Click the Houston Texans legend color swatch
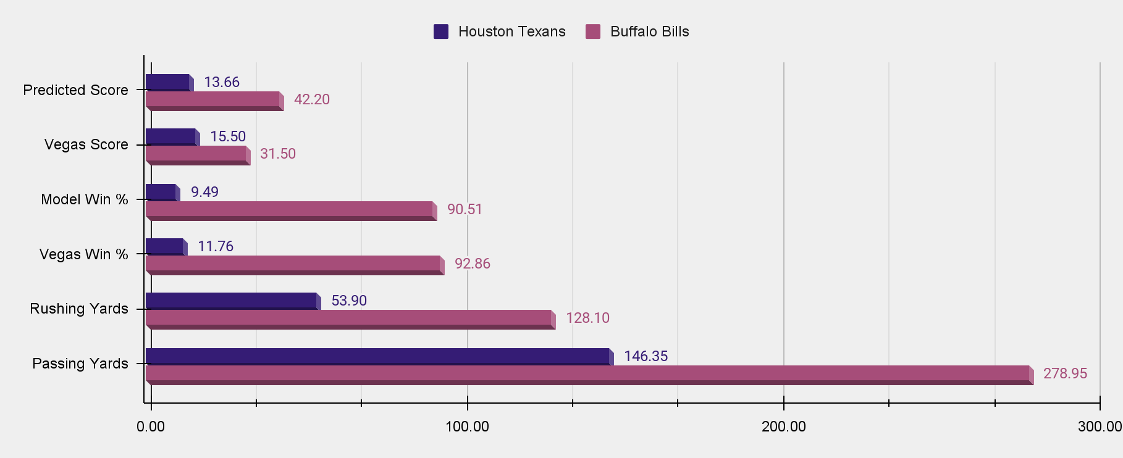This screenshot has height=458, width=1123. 441,31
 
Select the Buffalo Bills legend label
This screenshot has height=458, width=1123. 649,31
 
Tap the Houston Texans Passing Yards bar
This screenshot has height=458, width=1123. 377,356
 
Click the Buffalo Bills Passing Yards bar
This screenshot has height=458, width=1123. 587,373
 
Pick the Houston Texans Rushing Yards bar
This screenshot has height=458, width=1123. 231,301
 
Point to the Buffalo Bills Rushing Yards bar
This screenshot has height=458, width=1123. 348,318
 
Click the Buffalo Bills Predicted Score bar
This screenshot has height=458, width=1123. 212,99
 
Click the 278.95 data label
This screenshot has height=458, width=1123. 1065,373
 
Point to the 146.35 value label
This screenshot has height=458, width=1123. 646,356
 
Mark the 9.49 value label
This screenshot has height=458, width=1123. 204,192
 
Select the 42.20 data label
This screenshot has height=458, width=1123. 311,99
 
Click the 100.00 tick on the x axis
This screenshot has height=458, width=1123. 468,427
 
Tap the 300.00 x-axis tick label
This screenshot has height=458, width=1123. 1100,427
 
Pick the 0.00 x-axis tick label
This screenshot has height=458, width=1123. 151,427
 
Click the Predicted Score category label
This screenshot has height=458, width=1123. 75,90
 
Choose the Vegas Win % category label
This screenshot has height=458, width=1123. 83,254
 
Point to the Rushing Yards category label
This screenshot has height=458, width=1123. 79,309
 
